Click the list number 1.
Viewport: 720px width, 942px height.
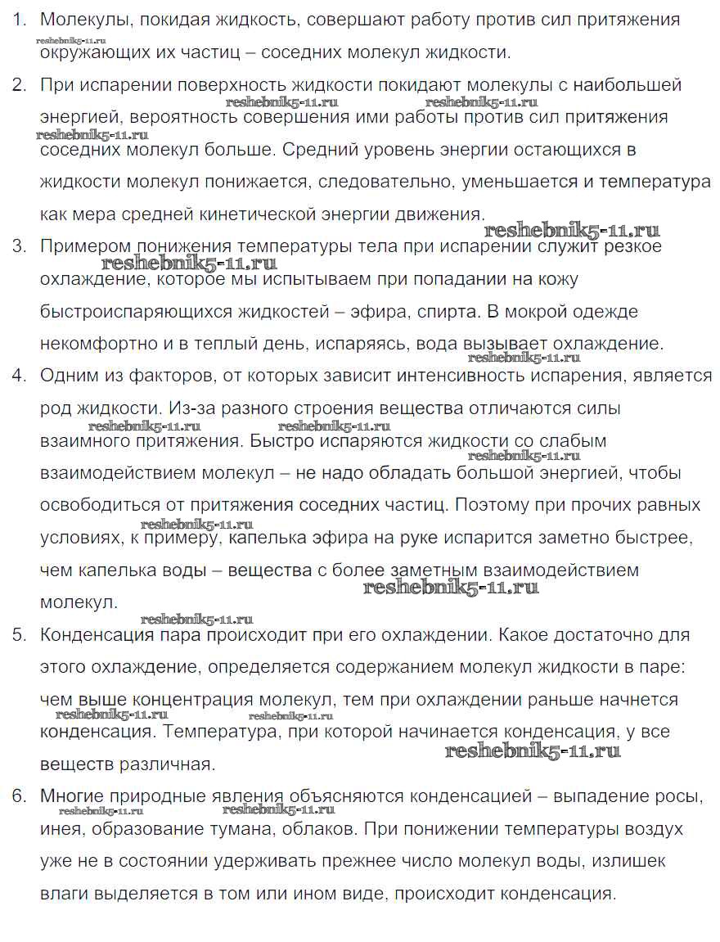[17, 20]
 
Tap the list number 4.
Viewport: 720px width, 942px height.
[18, 376]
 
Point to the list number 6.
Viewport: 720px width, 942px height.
[18, 796]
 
